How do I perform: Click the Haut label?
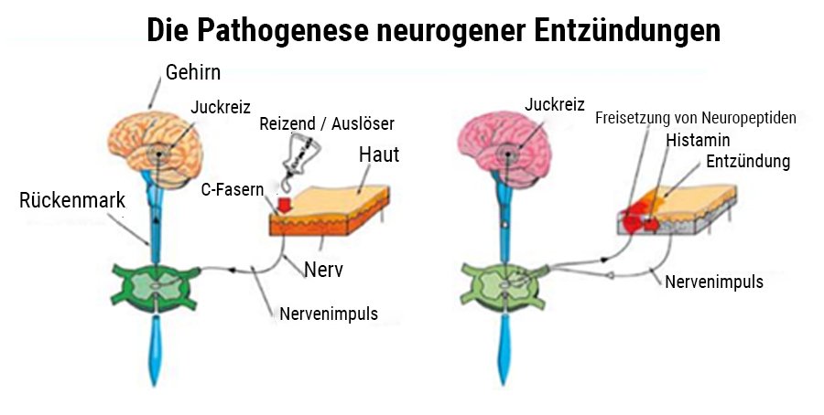coord(378,154)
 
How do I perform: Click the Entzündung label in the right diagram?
coord(747,162)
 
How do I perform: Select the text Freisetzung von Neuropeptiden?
coord(696,118)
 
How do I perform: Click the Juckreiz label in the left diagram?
coord(220,107)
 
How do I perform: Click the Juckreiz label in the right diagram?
coord(555,105)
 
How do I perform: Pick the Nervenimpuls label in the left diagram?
coord(328,314)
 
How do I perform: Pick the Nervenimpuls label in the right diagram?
coord(714,282)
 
